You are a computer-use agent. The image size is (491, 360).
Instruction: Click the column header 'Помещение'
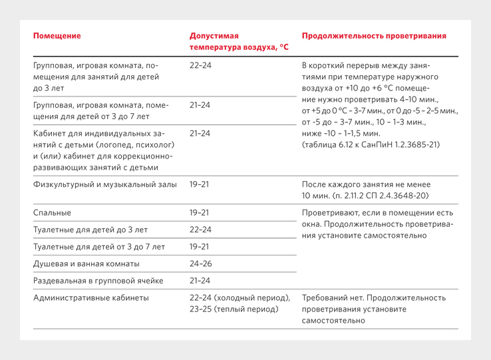click(x=57, y=36)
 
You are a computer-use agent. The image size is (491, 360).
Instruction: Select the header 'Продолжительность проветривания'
click(x=374, y=36)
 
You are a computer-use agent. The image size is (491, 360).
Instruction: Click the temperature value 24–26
click(x=200, y=264)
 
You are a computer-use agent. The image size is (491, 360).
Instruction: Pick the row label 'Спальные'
click(x=52, y=213)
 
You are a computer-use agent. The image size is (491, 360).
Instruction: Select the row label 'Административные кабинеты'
click(x=91, y=297)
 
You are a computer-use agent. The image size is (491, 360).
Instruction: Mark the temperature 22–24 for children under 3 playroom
click(x=200, y=66)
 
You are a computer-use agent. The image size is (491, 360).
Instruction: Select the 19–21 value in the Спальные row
click(x=200, y=213)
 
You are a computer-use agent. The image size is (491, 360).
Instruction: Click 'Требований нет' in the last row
click(x=333, y=297)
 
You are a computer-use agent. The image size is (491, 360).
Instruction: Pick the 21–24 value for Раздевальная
click(x=200, y=281)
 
